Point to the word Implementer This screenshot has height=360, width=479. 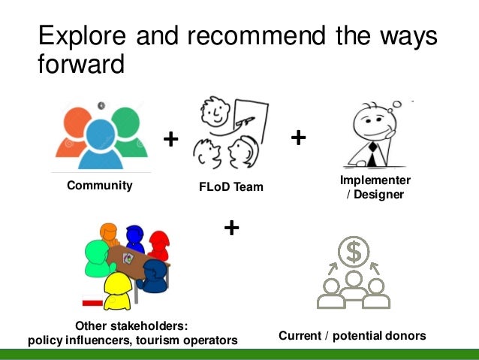tap(375, 180)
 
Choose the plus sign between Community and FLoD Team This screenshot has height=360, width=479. tap(171, 139)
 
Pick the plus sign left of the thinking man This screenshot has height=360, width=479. tap(298, 137)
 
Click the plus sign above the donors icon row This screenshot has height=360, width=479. tap(232, 227)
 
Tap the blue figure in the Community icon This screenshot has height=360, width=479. tap(99, 147)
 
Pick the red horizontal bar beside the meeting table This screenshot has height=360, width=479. tap(92, 303)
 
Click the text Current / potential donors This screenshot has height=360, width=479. tap(352, 335)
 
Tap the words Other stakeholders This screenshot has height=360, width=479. tap(131, 325)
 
